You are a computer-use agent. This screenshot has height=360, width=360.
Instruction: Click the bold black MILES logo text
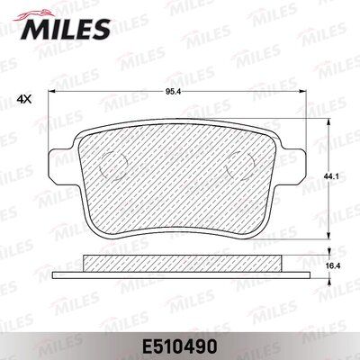pyautogui.click(x=65, y=29)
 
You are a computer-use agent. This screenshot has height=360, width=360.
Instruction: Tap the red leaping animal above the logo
pyautogui.click(x=34, y=15)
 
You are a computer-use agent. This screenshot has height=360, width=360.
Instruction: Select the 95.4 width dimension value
pyautogui.click(x=174, y=92)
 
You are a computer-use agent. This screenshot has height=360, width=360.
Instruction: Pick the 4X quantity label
pyautogui.click(x=24, y=99)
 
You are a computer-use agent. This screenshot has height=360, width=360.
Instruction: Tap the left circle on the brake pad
pyautogui.click(x=112, y=166)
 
